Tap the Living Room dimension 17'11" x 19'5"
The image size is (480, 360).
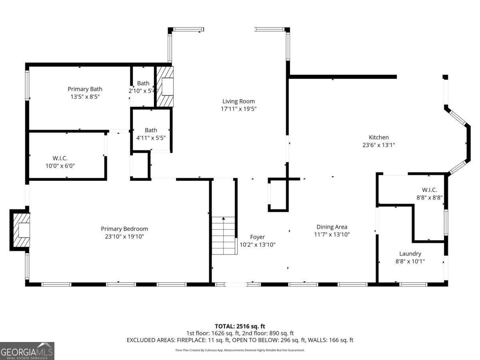click(238, 109)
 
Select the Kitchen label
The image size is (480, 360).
click(378, 137)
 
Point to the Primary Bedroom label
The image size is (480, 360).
click(124, 229)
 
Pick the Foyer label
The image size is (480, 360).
click(257, 237)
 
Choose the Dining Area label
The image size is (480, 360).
click(332, 227)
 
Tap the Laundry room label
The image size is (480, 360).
click(410, 254)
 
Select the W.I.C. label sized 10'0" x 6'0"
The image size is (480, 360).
click(60, 158)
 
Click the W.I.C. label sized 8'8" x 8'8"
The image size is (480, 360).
click(429, 190)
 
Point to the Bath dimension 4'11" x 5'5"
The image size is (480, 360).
click(151, 138)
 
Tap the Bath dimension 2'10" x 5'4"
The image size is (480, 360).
click(143, 91)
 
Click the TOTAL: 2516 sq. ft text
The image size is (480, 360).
click(240, 326)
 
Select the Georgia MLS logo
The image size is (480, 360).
click(27, 351)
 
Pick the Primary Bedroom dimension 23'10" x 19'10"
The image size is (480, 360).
click(124, 236)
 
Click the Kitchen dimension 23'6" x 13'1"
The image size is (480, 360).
click(378, 145)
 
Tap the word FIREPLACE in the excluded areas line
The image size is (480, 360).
click(190, 340)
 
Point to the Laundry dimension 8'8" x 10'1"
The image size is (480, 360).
click(410, 261)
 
